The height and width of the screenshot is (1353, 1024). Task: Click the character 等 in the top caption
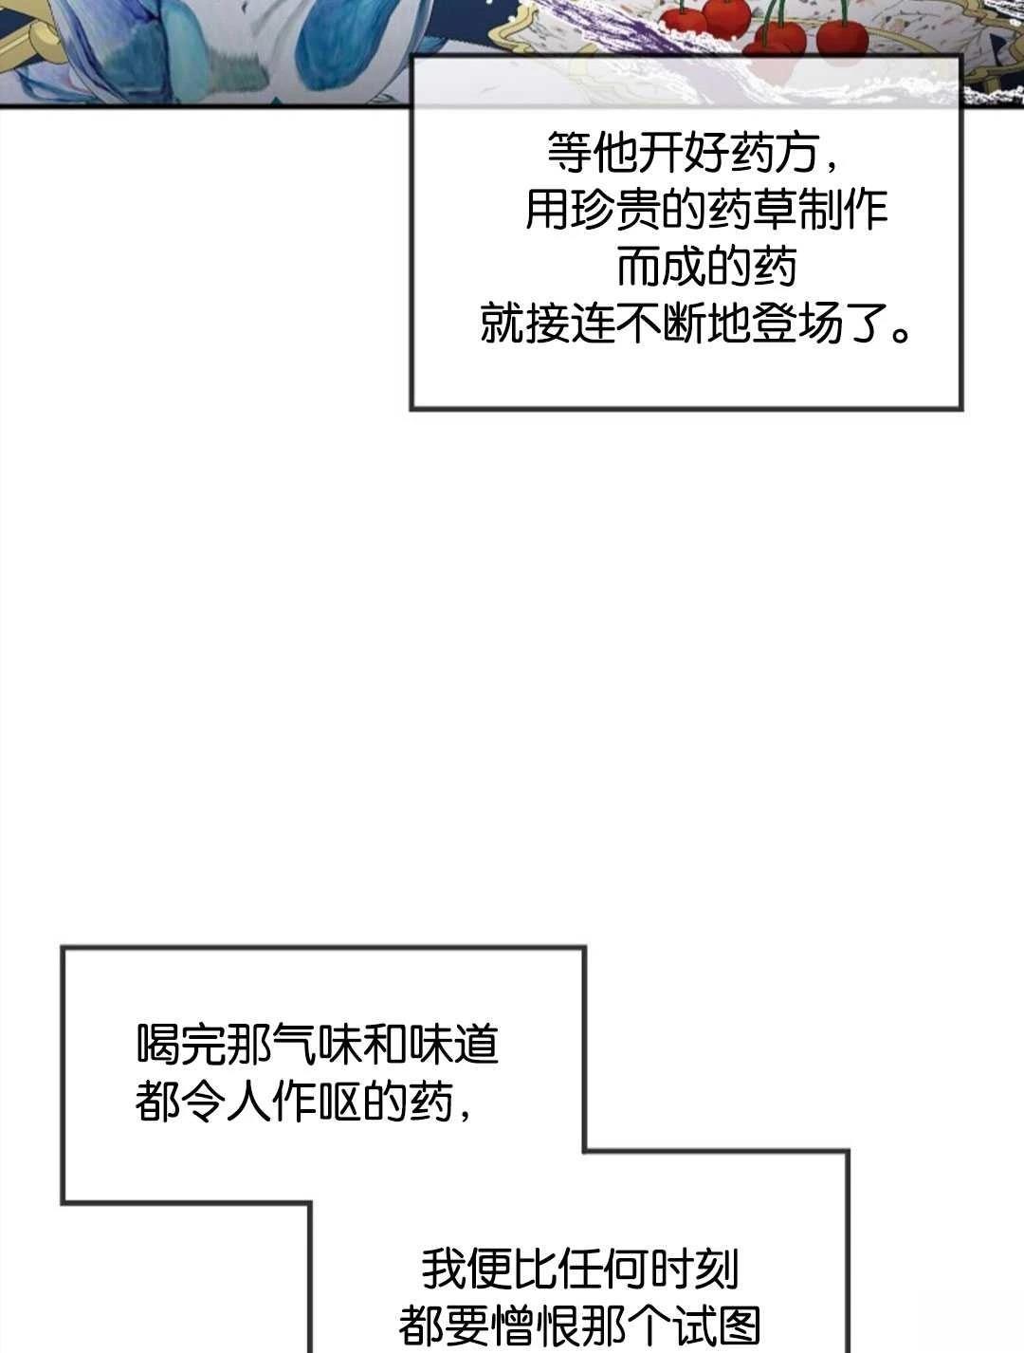coord(570,152)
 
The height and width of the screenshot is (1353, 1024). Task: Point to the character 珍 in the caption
coord(593,209)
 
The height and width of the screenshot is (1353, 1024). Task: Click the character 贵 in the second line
coord(638,209)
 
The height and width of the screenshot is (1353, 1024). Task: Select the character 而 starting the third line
coord(638,266)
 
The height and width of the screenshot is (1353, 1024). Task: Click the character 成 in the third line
coord(685,266)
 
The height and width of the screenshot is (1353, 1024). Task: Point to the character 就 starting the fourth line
coord(502,323)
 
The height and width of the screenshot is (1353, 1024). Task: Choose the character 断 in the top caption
coord(685,323)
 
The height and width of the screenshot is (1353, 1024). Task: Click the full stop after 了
coord(902,333)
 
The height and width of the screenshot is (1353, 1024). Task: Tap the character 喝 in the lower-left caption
coord(157,1045)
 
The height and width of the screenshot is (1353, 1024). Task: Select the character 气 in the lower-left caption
coord(294,1045)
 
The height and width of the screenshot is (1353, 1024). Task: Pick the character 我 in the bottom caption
coord(443,1270)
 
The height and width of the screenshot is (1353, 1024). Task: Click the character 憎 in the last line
coord(511,1325)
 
